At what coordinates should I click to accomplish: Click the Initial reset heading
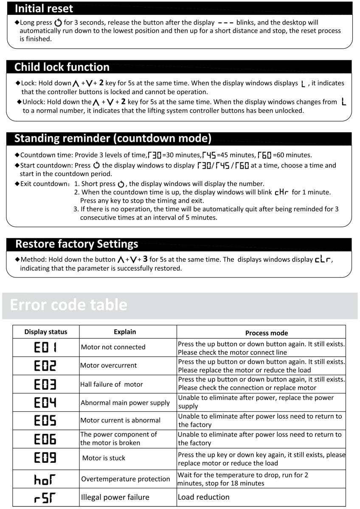click(x=44, y=8)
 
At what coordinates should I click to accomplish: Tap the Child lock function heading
click(x=62, y=67)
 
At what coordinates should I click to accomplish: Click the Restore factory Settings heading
click(x=77, y=244)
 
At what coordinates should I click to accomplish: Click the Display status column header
click(x=46, y=332)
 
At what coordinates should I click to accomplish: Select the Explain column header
click(x=125, y=332)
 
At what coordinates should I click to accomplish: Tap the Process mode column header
click(x=261, y=333)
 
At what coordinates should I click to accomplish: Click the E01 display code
click(x=46, y=347)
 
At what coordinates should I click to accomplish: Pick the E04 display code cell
click(x=46, y=403)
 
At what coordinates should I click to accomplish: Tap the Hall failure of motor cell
click(x=112, y=384)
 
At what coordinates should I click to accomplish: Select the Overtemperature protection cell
click(x=125, y=479)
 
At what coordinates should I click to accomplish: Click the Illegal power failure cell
click(x=115, y=497)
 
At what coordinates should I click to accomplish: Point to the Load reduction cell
click(x=203, y=497)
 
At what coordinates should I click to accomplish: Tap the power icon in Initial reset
click(x=58, y=22)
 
